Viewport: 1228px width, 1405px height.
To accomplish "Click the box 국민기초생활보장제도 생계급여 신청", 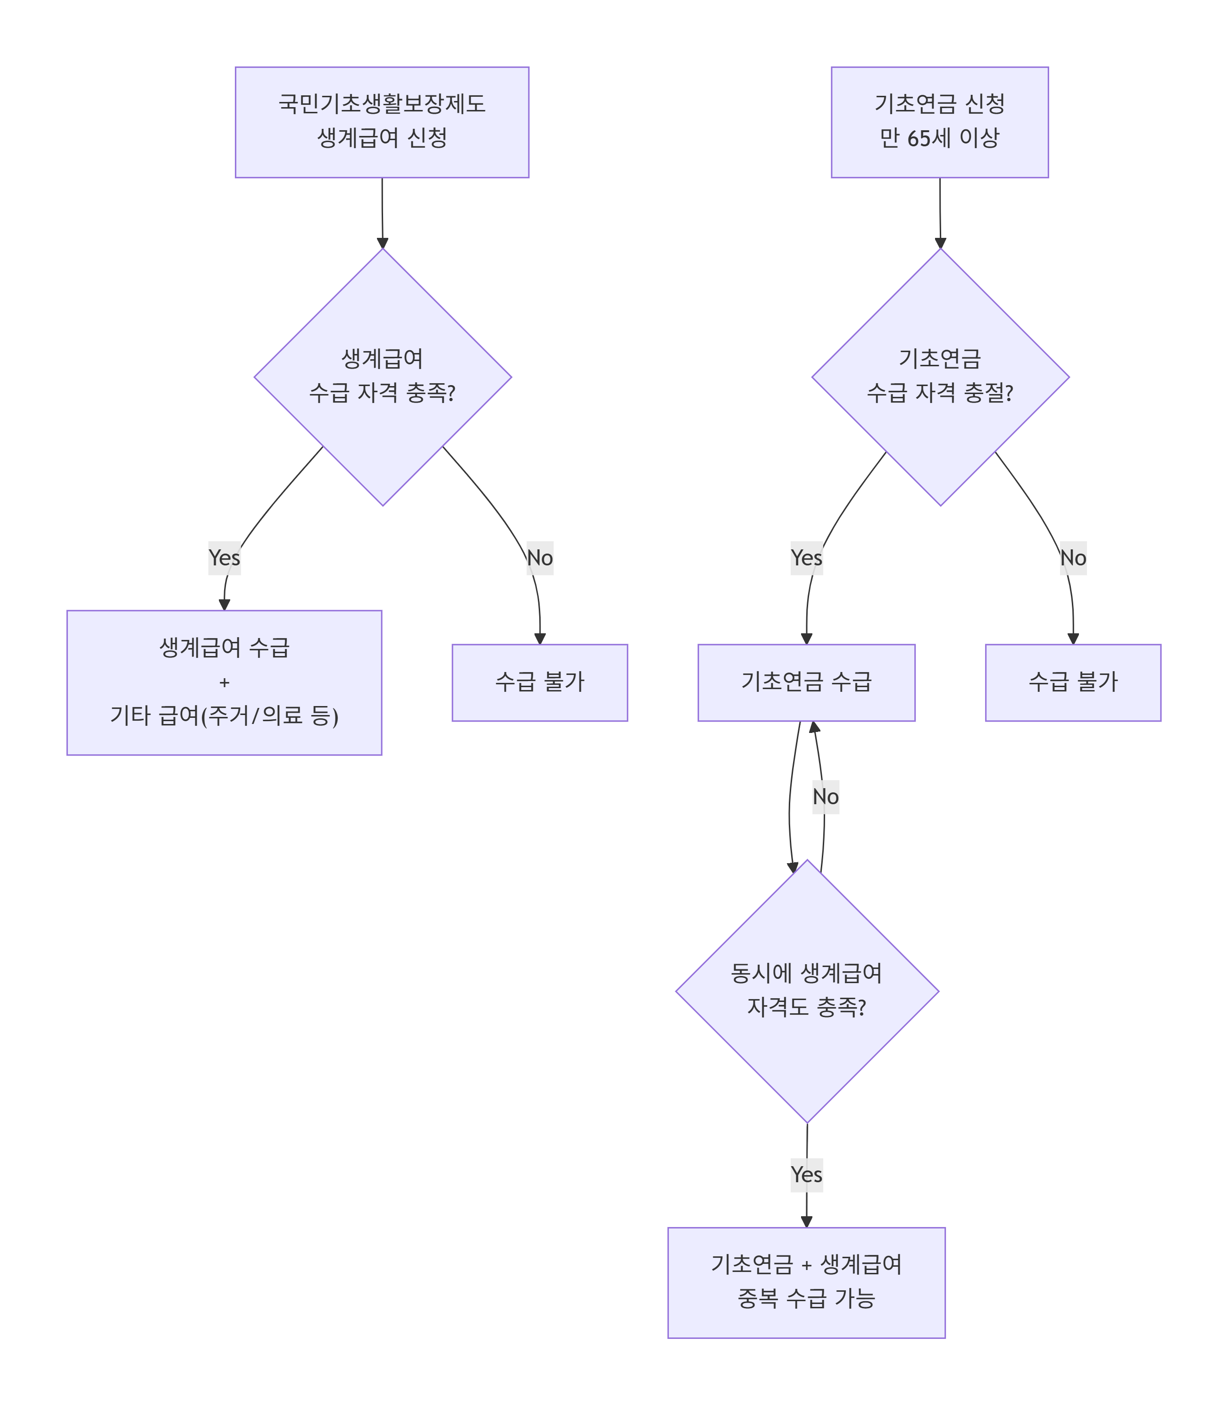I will [x=382, y=122].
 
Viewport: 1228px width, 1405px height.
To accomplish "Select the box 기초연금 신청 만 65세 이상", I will [x=939, y=122].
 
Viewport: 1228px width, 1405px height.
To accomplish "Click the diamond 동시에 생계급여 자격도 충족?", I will [x=807, y=991].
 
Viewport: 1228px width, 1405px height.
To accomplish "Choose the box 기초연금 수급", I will [x=806, y=682].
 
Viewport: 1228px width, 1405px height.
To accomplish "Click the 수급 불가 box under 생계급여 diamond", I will [x=539, y=682].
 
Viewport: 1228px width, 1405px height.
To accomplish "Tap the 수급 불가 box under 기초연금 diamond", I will [x=1072, y=682].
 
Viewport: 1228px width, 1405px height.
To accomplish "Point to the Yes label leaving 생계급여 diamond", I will [x=224, y=558].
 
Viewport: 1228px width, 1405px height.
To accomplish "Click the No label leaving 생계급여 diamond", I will [x=539, y=558].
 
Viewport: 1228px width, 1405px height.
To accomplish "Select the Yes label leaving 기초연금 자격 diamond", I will [x=806, y=558].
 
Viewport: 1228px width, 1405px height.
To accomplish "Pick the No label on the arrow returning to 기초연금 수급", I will [x=825, y=796].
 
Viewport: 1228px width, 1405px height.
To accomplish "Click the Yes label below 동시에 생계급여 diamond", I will [x=806, y=1175].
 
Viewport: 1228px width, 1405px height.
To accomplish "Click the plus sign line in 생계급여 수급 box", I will [x=224, y=682].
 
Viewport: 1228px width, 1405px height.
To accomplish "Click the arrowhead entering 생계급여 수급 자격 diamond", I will [x=383, y=244].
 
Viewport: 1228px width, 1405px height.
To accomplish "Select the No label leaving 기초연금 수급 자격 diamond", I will [x=1072, y=558].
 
